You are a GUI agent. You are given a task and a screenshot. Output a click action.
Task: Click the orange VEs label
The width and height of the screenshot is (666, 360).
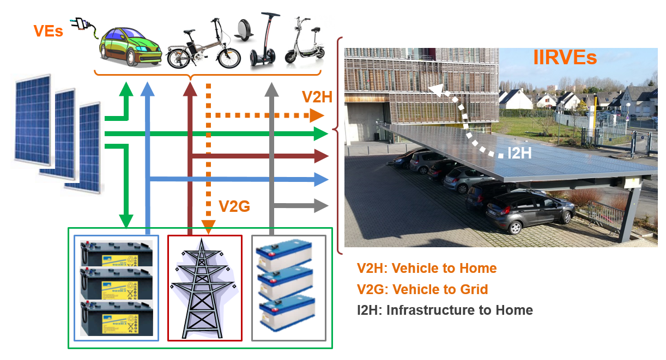[48, 31]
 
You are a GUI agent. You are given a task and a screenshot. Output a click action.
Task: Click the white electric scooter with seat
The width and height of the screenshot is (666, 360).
[304, 41]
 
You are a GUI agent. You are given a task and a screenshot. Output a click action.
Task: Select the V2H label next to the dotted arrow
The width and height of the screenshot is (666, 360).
[317, 97]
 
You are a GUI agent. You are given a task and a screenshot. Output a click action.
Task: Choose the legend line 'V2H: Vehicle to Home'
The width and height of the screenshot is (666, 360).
[427, 268]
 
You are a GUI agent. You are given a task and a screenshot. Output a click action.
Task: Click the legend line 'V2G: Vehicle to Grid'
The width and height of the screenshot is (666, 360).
[422, 289]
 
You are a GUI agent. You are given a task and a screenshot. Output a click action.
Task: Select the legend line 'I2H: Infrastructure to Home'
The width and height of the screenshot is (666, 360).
[445, 310]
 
